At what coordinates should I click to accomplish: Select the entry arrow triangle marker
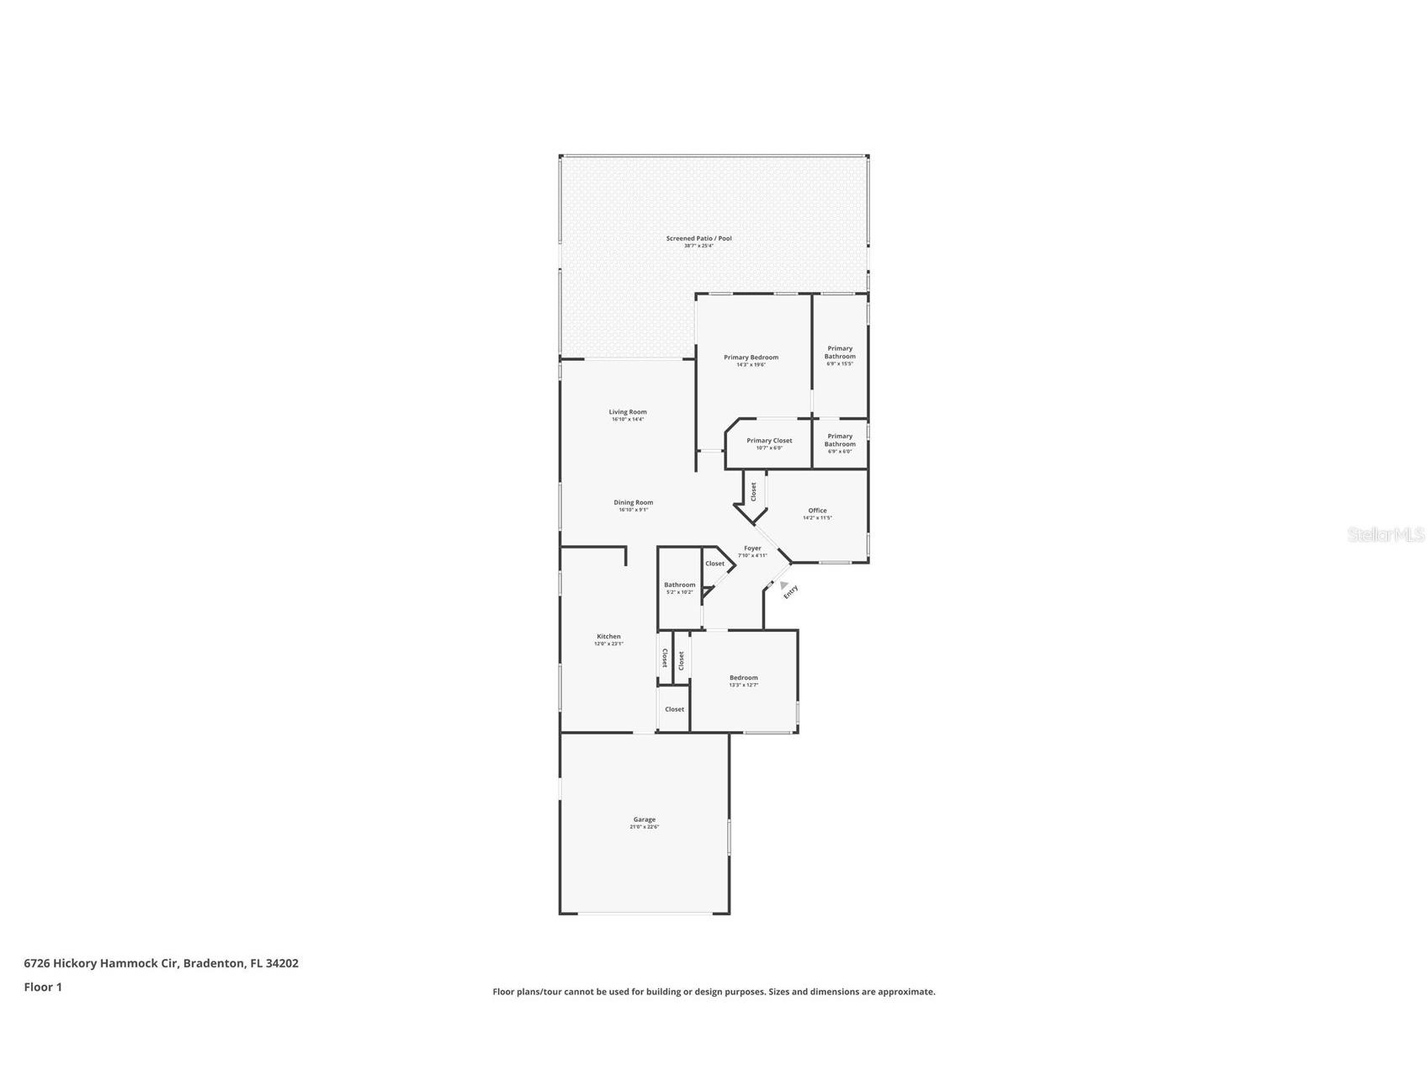(x=784, y=585)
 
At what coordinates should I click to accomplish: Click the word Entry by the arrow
(x=791, y=592)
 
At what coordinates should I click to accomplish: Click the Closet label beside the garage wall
(x=674, y=709)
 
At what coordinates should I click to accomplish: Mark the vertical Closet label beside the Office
(x=754, y=491)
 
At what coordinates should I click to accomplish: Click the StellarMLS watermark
(x=1385, y=534)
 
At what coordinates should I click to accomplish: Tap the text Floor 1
(x=43, y=987)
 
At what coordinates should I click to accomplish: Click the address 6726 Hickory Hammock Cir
(x=101, y=963)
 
